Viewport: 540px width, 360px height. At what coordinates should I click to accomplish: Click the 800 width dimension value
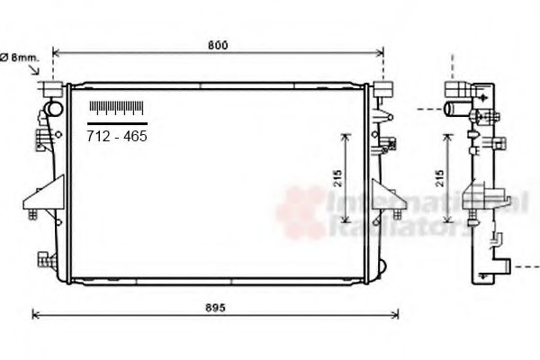click(217, 45)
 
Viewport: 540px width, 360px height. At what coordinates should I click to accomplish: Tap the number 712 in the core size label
click(97, 137)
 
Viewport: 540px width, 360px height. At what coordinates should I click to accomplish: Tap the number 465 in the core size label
click(134, 137)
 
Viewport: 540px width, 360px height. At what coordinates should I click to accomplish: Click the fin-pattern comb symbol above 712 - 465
click(117, 109)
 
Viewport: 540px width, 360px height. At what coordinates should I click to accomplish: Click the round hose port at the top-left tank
click(54, 111)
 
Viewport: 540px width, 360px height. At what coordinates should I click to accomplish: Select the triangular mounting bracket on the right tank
click(386, 194)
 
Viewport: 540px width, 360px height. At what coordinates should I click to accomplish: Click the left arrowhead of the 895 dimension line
click(35, 314)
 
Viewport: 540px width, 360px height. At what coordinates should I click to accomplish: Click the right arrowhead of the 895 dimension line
click(396, 314)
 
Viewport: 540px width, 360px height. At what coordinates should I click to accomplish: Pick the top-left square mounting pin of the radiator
click(51, 90)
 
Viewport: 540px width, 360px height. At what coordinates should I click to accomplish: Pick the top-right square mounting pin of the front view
click(382, 90)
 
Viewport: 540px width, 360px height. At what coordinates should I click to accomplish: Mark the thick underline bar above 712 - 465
click(117, 121)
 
